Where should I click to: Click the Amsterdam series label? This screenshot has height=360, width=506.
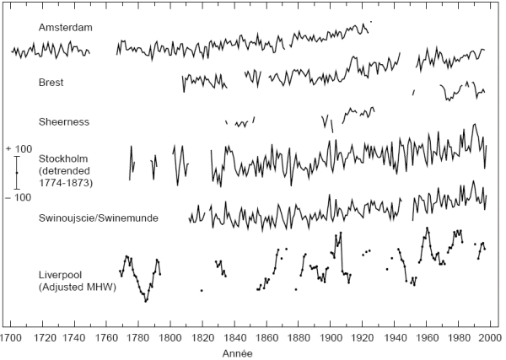(65, 27)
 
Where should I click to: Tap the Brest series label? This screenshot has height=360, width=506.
(51, 83)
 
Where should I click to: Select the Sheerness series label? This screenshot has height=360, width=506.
(63, 121)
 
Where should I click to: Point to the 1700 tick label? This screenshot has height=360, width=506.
(11, 336)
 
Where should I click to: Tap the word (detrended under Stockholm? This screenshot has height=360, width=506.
(66, 170)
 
